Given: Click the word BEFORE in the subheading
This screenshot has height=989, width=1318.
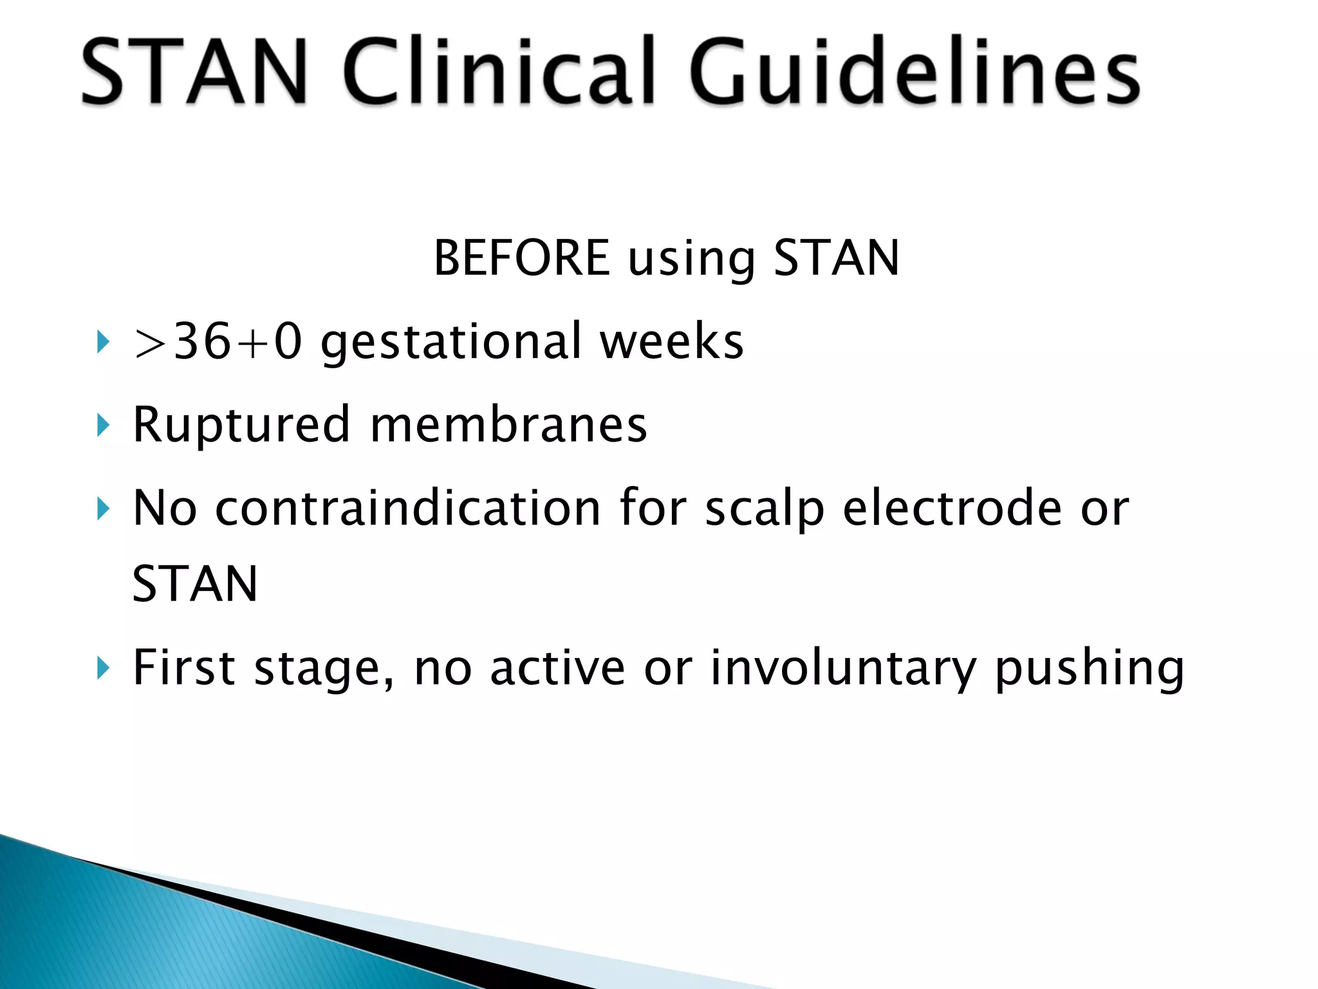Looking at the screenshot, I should [522, 258].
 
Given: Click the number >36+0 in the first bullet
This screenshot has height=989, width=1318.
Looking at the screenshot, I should [217, 341].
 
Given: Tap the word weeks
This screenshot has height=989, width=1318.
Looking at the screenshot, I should [672, 341].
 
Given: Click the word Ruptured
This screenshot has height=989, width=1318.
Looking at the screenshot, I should [241, 425].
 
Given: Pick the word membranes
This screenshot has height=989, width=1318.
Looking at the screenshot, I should [509, 425].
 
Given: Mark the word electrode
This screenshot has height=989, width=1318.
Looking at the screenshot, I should [952, 508].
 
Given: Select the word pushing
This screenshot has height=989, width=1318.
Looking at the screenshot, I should [1090, 669].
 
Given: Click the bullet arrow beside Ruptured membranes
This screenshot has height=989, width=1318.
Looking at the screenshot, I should [103, 426].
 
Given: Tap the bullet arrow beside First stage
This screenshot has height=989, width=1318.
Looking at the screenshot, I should [103, 668].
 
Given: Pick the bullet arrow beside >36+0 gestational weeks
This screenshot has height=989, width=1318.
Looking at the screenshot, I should [103, 342].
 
